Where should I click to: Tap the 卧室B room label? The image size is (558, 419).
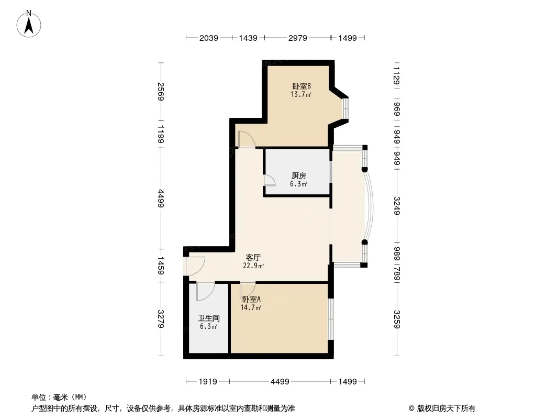tap(302, 86)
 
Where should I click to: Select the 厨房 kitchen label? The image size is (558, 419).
tap(299, 176)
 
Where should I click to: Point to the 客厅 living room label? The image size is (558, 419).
tap(253, 258)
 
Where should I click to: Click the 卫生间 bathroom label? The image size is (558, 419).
tap(208, 318)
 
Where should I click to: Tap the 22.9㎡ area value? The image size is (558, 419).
tap(253, 266)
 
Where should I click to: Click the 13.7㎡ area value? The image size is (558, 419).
tap(302, 95)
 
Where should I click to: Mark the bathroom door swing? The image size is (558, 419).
tap(205, 291)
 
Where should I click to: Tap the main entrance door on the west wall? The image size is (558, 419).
tap(195, 267)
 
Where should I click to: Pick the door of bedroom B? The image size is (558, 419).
tap(246, 139)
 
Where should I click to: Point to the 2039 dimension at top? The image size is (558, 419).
tap(208, 38)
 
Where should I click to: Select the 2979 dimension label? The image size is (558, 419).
tap(297, 38)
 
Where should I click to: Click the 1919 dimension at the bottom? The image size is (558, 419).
tap(208, 382)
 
